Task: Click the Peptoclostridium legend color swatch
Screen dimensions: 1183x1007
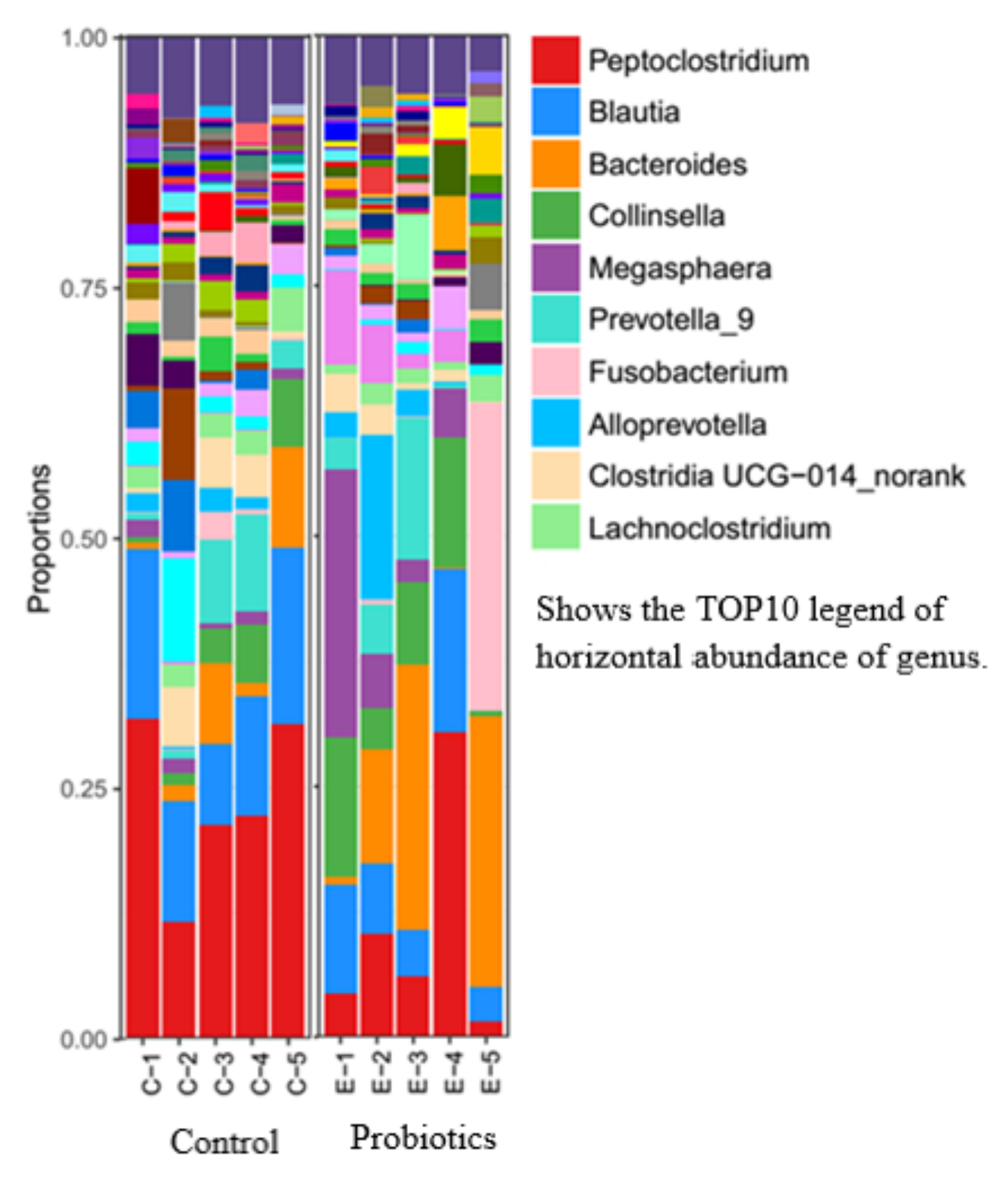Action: (x=555, y=61)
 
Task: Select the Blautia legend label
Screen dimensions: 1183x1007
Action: (x=634, y=112)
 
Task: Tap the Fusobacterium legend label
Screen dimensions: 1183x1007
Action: (x=688, y=372)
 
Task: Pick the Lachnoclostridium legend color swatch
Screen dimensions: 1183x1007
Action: (x=555, y=528)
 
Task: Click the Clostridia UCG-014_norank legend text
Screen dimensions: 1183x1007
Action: (x=776, y=476)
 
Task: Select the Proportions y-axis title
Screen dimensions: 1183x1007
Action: (x=40, y=539)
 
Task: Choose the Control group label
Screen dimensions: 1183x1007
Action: (x=224, y=1142)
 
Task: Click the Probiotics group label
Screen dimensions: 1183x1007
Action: (x=423, y=1138)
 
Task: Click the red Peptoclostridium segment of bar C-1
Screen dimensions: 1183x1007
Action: (x=142, y=876)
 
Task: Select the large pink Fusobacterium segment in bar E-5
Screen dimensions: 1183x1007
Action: (x=486, y=556)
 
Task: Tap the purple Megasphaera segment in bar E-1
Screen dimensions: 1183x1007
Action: (x=341, y=602)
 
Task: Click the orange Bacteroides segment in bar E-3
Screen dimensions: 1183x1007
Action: (x=414, y=796)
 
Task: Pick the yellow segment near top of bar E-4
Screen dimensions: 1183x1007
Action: (x=450, y=122)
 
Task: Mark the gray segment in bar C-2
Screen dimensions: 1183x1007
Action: (x=179, y=310)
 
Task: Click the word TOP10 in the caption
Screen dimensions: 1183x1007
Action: (x=746, y=610)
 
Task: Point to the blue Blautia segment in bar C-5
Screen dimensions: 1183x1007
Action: (x=288, y=636)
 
